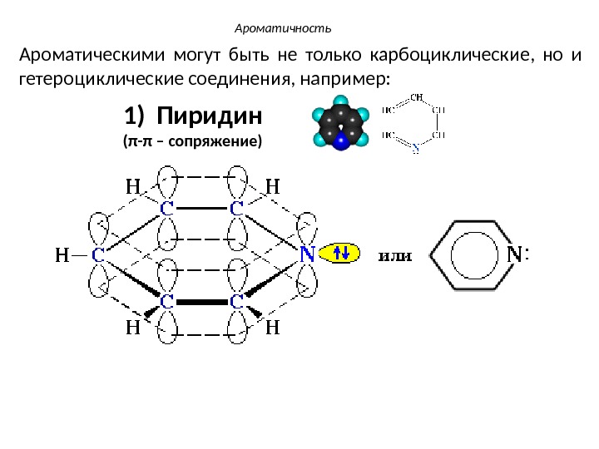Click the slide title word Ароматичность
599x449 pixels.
pos(283,29)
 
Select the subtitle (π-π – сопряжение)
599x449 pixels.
pos(192,141)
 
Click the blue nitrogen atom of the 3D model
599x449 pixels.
pos(339,142)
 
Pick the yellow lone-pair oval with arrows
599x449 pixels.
pos(341,253)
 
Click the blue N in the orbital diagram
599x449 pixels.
pos(306,254)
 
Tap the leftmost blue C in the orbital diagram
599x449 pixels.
pos(97,255)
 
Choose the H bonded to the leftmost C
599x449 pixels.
pos(61,256)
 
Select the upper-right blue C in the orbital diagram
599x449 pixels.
pos(236,209)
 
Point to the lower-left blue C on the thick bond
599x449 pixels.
pos(166,301)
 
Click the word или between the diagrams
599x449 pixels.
pos(396,255)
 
